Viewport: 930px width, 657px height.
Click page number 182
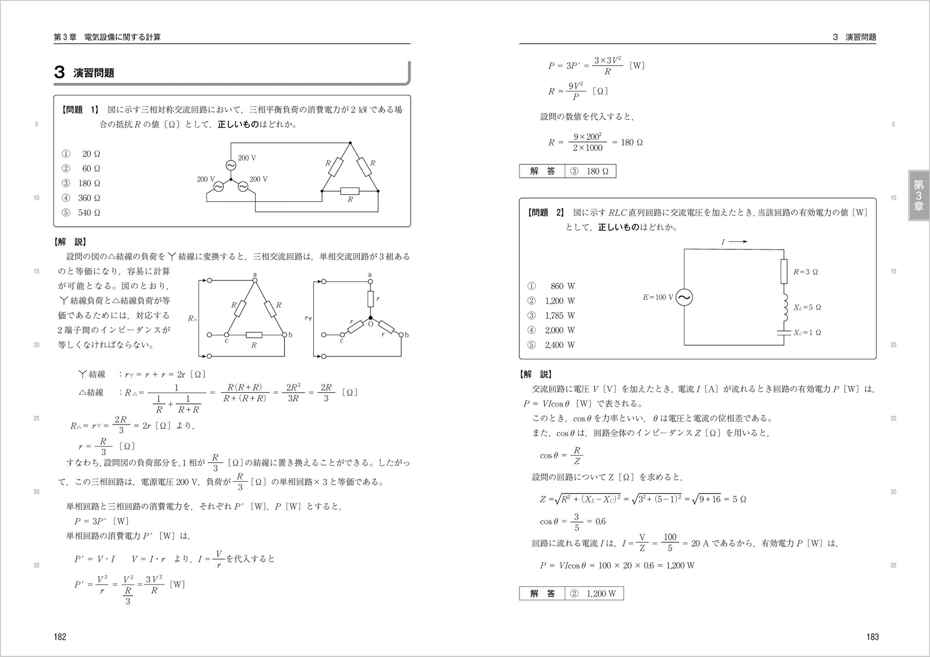(59, 637)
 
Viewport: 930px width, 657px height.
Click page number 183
(872, 637)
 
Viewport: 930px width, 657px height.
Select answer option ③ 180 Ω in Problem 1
(81, 183)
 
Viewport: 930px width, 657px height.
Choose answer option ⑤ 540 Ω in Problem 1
(81, 213)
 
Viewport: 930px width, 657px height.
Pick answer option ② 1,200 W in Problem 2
(552, 301)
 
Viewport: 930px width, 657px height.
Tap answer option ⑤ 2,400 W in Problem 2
(552, 345)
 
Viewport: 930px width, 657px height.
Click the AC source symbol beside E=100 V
(684, 297)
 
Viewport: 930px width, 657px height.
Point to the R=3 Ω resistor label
(805, 272)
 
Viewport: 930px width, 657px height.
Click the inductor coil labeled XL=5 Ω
(784, 307)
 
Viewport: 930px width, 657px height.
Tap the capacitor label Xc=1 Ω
(807, 333)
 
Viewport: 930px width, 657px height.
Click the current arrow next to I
(738, 241)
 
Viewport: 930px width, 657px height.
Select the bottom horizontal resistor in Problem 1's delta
(350, 191)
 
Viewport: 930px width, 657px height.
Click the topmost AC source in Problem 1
(231, 165)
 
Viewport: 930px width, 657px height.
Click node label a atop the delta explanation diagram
(254, 275)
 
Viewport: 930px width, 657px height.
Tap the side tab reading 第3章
(918, 196)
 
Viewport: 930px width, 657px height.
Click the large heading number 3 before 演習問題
(59, 73)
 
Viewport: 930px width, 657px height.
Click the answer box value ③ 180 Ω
(590, 171)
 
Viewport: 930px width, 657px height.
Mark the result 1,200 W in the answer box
(601, 593)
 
